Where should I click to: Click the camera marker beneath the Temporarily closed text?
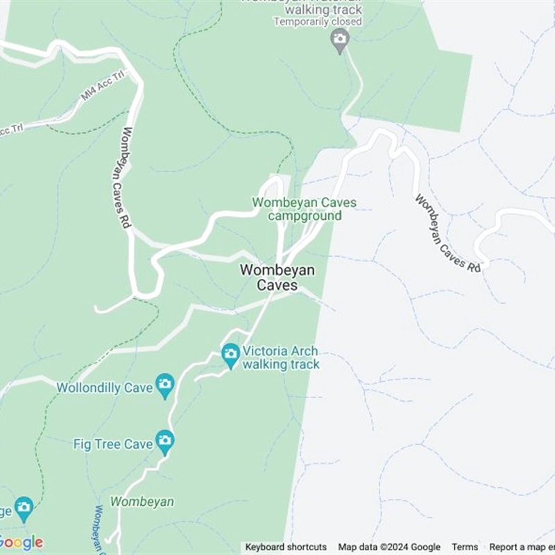click(339, 40)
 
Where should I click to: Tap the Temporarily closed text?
click(318, 22)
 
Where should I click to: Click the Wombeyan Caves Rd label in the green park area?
click(119, 178)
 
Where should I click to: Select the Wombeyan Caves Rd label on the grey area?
click(448, 232)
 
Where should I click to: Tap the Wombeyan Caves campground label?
click(305, 209)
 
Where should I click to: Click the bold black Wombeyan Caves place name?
click(277, 277)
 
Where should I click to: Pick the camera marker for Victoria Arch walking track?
click(230, 355)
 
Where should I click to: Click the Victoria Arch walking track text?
click(281, 358)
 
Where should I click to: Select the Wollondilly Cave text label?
click(105, 388)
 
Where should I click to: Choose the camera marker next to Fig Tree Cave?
click(164, 441)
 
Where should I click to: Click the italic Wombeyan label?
click(142, 501)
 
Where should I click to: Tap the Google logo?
click(21, 542)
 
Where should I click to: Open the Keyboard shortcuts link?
click(286, 547)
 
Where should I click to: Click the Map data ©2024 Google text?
click(389, 547)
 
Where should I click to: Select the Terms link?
click(466, 547)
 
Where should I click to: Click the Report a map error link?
click(522, 547)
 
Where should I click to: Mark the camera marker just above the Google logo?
click(24, 508)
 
